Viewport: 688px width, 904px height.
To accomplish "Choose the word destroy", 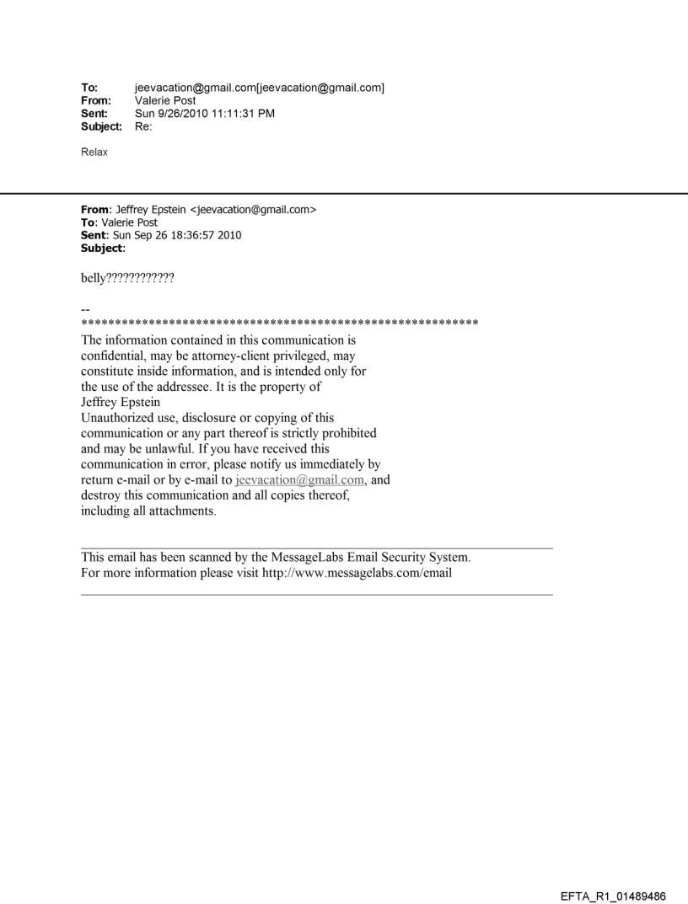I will click(x=101, y=495).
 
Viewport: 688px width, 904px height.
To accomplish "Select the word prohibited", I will click(x=346, y=433).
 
